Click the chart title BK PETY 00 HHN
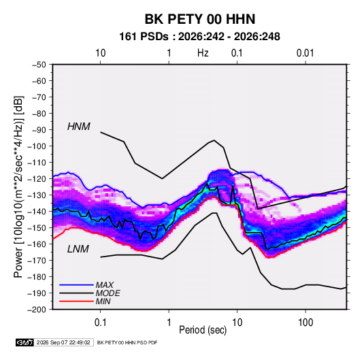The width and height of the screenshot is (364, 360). click(x=200, y=19)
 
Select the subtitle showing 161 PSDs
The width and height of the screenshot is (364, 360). click(x=199, y=37)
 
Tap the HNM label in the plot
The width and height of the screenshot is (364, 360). click(x=79, y=127)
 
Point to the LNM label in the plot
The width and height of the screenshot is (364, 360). click(x=78, y=249)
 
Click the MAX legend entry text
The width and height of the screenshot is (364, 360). click(x=105, y=285)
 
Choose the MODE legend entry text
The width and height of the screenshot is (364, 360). click(x=107, y=293)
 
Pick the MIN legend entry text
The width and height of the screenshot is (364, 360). click(x=103, y=301)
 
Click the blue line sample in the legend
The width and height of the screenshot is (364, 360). click(x=76, y=285)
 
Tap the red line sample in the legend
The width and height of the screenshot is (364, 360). click(x=76, y=301)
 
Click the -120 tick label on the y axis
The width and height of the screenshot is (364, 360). click(x=37, y=179)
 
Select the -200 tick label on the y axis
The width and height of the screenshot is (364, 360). click(x=37, y=310)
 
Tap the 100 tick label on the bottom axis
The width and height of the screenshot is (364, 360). click(x=305, y=323)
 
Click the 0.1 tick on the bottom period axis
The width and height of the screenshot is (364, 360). click(x=100, y=323)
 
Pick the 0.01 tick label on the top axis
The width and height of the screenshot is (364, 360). click(x=305, y=53)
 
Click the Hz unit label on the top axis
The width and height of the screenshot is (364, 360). click(x=203, y=53)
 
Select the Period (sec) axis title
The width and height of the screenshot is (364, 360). click(x=203, y=330)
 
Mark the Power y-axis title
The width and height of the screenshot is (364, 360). click(x=19, y=187)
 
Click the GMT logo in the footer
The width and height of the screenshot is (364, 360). click(x=25, y=342)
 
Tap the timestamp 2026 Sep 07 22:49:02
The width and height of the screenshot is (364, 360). click(x=63, y=342)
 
